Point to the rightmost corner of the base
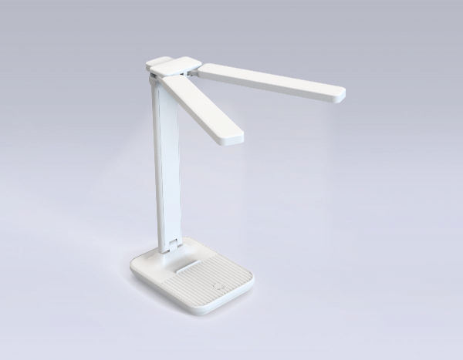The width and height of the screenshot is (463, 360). (x=252, y=272)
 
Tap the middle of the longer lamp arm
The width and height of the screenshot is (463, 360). (x=270, y=82)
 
